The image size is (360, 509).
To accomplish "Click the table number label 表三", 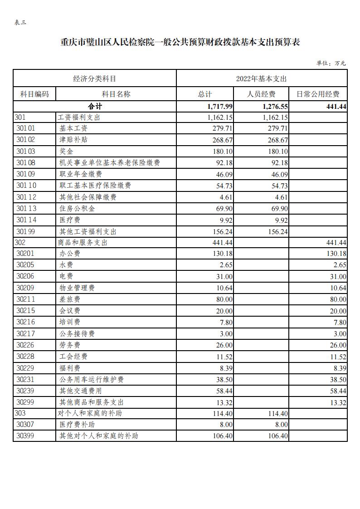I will [x=20, y=23].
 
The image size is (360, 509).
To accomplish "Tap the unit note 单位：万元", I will [x=331, y=63].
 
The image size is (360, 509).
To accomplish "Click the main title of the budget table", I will [x=180, y=43].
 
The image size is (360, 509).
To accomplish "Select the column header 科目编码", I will [x=34, y=94].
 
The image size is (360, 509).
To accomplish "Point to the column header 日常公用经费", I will [x=318, y=94].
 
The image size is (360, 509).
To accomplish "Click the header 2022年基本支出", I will [x=261, y=78].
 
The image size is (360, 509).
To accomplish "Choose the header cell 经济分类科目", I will [x=94, y=78].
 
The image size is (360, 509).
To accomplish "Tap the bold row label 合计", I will [x=95, y=106].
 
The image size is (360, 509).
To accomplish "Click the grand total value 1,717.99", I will [x=220, y=106].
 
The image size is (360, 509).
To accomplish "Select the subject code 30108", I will [x=26, y=163].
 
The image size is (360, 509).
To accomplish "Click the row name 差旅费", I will [x=70, y=299].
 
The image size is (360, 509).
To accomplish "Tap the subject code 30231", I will [x=25, y=379].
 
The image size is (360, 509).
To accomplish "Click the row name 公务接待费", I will [x=77, y=333].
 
